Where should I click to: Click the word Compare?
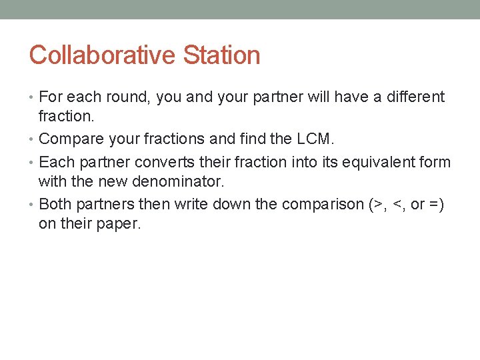(x=67, y=139)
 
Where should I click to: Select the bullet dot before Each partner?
(x=33, y=163)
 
